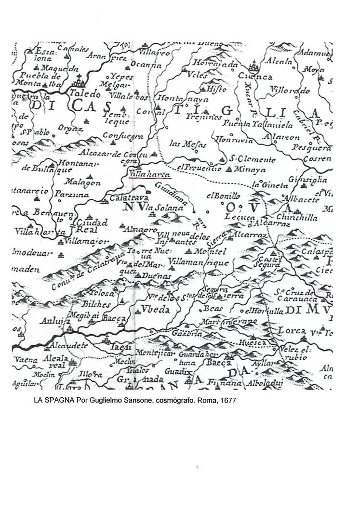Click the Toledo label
pos(85,94)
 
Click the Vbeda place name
pos(155,310)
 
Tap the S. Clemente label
pos(252,159)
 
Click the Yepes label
pos(119,76)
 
